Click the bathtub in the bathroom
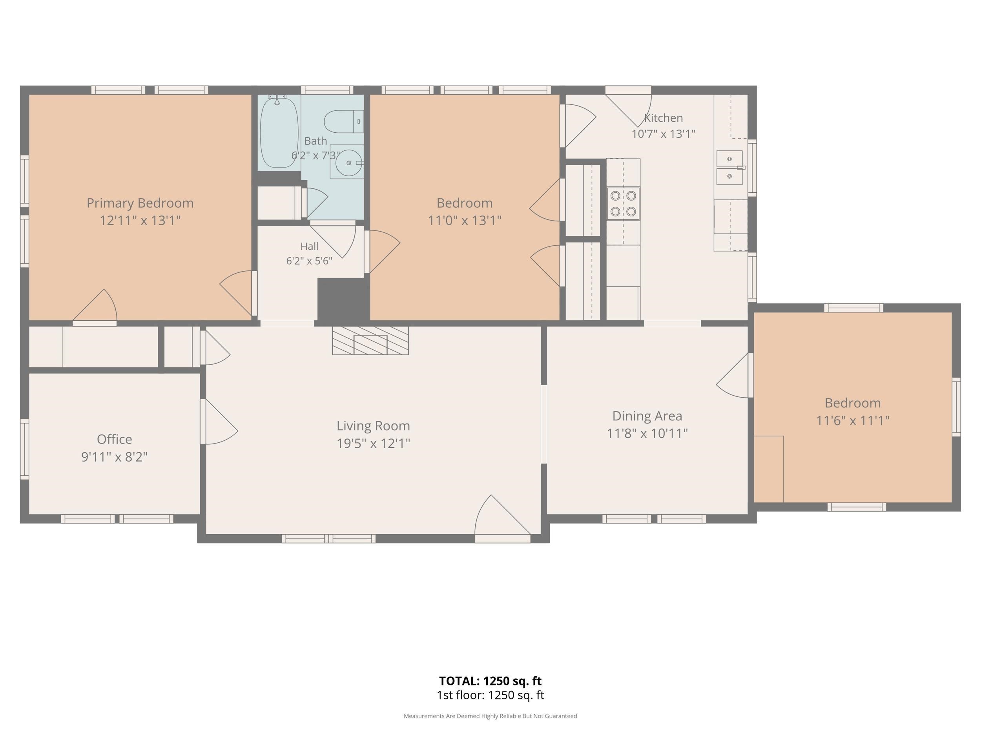click(x=279, y=132)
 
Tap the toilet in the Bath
click(x=344, y=122)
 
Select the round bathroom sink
click(x=348, y=163)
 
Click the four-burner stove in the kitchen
click(x=623, y=204)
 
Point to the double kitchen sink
click(x=729, y=168)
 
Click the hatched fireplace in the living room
click(x=370, y=340)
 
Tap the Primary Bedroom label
click(x=140, y=203)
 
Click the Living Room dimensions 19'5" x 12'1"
click(x=374, y=443)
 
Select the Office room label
click(x=115, y=439)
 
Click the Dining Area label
click(x=647, y=416)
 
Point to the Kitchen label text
click(x=664, y=118)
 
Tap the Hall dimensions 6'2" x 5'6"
click(x=309, y=261)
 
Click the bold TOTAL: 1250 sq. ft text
click(x=491, y=681)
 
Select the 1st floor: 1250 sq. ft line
click(x=491, y=695)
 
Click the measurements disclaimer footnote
click(x=490, y=716)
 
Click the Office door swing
click(x=219, y=422)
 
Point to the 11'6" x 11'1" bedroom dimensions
click(x=853, y=420)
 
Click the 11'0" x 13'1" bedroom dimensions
click(x=464, y=220)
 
